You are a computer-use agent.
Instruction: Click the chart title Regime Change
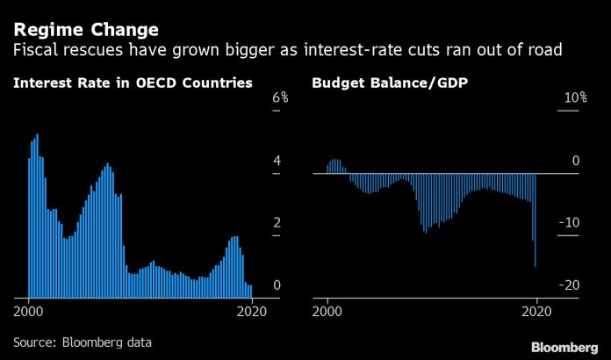(86, 30)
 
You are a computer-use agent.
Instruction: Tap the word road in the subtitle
(543, 50)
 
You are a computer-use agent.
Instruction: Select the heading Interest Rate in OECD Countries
(133, 83)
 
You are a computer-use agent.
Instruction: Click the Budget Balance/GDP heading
(390, 83)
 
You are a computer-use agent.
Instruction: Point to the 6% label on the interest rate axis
(280, 97)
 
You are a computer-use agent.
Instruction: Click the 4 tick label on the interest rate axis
(277, 160)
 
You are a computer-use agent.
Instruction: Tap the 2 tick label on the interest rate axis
(277, 222)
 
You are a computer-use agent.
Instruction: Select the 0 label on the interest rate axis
(277, 284)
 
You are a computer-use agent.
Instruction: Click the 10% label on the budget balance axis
(576, 97)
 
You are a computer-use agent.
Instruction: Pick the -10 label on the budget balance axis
(570, 222)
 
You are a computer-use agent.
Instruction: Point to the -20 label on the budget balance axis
(570, 284)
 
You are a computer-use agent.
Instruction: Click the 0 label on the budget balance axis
(576, 160)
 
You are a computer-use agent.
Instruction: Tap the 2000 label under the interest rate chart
(28, 312)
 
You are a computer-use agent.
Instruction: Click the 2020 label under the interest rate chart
(252, 312)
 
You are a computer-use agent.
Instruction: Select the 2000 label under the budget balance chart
(327, 312)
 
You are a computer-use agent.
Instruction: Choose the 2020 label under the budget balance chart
(536, 312)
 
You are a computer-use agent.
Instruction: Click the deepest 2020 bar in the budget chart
(536, 220)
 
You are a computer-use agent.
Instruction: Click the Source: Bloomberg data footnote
(83, 342)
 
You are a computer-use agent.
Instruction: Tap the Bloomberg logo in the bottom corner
(564, 347)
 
